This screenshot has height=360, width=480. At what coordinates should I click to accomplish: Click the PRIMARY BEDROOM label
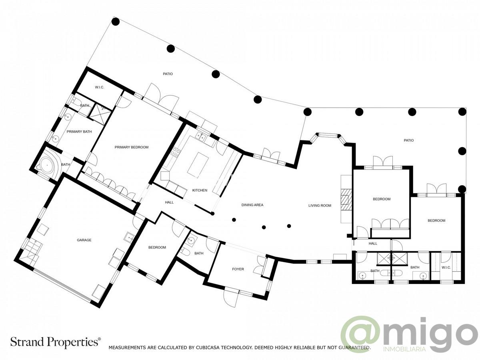click(131, 147)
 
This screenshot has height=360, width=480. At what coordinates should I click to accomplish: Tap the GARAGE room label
click(84, 240)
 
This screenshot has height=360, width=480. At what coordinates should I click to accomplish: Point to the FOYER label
click(238, 269)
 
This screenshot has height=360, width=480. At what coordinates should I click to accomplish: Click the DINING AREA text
click(252, 205)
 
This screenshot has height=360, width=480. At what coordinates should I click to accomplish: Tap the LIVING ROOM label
click(320, 206)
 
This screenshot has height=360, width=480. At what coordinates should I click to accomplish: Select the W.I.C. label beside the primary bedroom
click(100, 87)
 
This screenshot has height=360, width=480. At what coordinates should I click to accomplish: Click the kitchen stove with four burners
click(175, 151)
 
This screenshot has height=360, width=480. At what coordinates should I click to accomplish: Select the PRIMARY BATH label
click(79, 132)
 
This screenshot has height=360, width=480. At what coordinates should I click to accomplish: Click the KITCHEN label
click(200, 190)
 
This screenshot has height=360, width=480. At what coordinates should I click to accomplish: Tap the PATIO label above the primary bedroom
click(168, 74)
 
